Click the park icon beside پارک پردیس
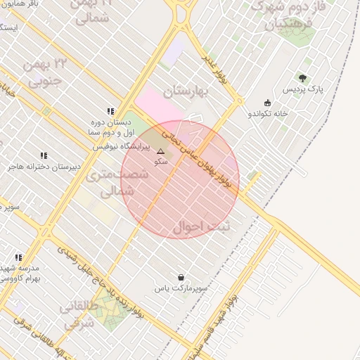tap(302, 78)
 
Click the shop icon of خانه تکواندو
tap(267, 103)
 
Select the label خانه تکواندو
tap(268, 113)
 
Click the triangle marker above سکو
tap(161, 151)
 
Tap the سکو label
tap(161, 162)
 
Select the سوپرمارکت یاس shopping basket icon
tap(181, 278)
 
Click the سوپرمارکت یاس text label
tap(181, 288)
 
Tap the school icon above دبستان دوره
tap(110, 111)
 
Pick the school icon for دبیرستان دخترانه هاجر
tap(44, 155)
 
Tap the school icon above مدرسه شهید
tap(18, 257)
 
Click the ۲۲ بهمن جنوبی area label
tap(44, 72)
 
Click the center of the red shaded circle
tap(180, 180)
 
